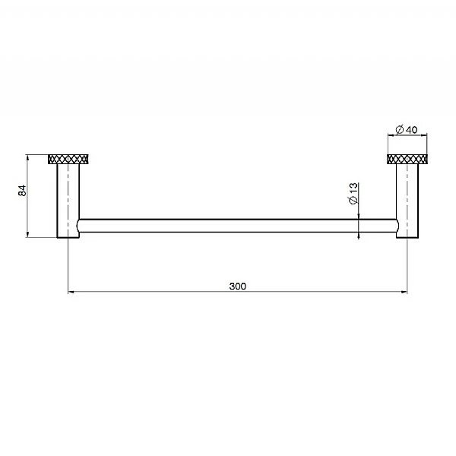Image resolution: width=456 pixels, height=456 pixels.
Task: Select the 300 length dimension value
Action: pyautogui.click(x=237, y=286)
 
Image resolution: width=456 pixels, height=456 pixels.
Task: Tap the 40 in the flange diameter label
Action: pyautogui.click(x=412, y=129)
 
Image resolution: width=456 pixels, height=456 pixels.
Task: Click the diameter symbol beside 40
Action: pyautogui.click(x=400, y=129)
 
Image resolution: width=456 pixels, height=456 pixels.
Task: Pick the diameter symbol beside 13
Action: pyautogui.click(x=353, y=199)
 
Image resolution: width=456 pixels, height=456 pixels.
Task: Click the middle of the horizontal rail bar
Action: pyautogui.click(x=237, y=224)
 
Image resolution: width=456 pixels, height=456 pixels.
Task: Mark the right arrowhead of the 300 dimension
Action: pyautogui.click(x=404, y=292)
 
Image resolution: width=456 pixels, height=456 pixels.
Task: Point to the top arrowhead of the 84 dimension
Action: pyautogui.click(x=28, y=158)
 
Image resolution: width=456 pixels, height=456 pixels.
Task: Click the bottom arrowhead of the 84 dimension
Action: pyautogui.click(x=28, y=235)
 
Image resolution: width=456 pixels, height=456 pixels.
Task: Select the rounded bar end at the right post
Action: pyautogui.click(x=395, y=224)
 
